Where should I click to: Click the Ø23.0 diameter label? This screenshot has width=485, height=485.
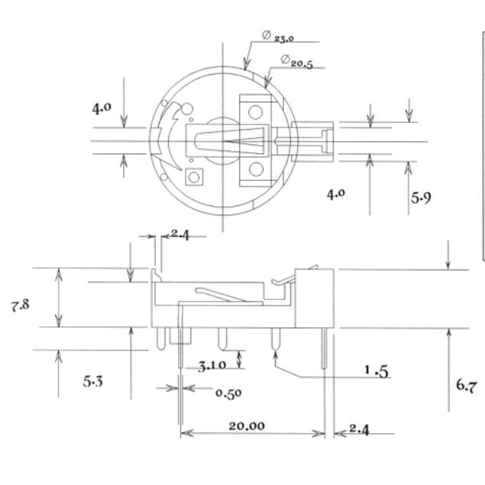[x=278, y=37]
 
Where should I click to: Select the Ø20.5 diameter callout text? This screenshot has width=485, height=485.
[x=297, y=61]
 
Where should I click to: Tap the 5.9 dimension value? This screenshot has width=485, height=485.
[x=421, y=198]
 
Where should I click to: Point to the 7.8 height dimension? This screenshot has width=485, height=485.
[x=21, y=306]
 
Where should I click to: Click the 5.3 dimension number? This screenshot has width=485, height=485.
[x=92, y=381]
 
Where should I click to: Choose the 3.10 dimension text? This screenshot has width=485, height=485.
[x=212, y=366]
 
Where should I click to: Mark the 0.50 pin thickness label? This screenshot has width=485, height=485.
[x=228, y=393]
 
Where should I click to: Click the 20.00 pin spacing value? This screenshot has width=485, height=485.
[x=247, y=426]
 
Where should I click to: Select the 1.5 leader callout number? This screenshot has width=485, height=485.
[x=377, y=371]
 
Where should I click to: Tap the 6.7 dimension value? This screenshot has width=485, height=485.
[x=467, y=386]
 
